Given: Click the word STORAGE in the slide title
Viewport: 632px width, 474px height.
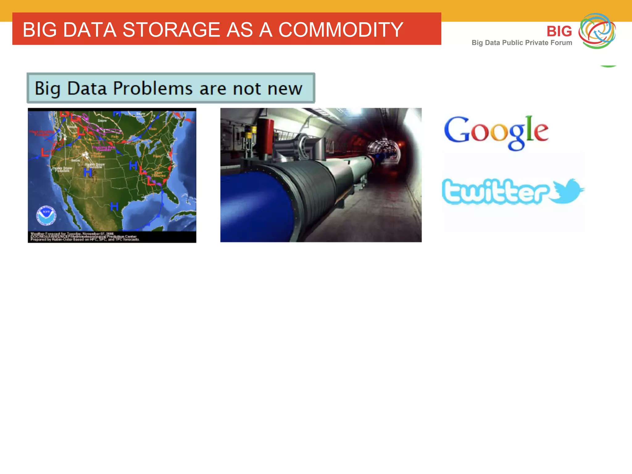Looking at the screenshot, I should tap(171, 30).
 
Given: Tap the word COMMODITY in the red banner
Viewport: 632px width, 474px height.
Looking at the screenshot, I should tap(341, 30).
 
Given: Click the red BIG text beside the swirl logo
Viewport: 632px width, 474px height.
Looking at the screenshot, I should tap(559, 31).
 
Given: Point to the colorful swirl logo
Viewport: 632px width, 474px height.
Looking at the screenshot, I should tap(597, 31).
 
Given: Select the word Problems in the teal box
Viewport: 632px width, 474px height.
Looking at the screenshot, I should tap(153, 89).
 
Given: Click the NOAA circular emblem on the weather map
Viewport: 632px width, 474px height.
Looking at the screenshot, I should tap(46, 215).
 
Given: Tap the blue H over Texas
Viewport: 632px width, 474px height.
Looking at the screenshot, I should tap(114, 206).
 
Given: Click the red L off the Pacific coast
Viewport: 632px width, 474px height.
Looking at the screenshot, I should tap(45, 152).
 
